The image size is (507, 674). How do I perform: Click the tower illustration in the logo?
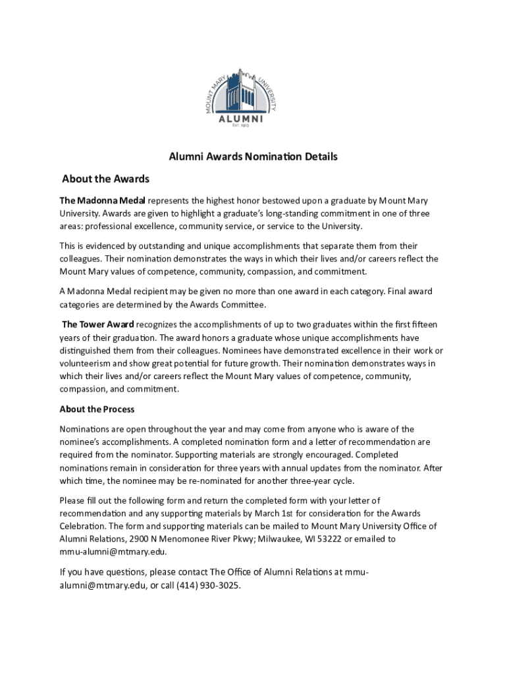pyautogui.click(x=244, y=92)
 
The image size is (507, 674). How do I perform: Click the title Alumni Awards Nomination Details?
pyautogui.click(x=253, y=157)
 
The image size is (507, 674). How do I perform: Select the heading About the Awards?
pyautogui.click(x=105, y=179)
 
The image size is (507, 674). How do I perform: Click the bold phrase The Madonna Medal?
pyautogui.click(x=102, y=201)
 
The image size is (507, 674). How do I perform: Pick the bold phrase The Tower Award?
pyautogui.click(x=98, y=324)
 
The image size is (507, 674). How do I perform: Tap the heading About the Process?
pyautogui.click(x=97, y=409)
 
